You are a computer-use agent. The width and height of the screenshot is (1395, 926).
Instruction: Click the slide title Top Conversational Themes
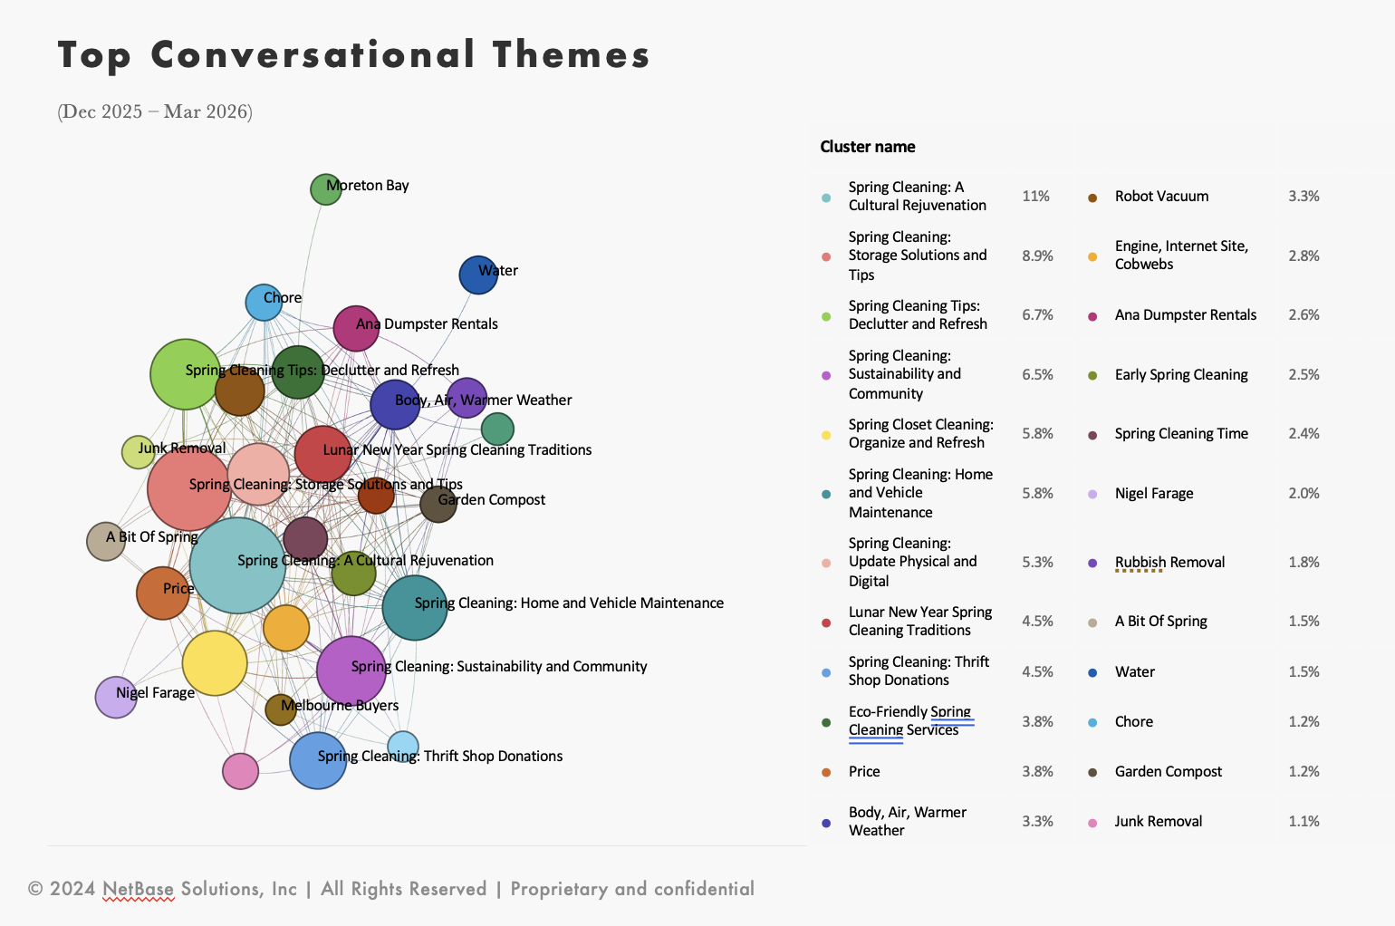(x=353, y=55)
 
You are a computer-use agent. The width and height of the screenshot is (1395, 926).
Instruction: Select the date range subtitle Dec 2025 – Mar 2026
(x=155, y=111)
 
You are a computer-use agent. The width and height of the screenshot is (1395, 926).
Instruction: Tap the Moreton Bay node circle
(x=325, y=189)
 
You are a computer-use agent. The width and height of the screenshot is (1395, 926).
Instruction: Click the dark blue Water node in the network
(x=477, y=275)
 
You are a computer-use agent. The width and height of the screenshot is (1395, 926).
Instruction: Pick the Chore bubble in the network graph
(x=264, y=303)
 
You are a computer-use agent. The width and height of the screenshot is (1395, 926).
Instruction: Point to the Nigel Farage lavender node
(x=116, y=697)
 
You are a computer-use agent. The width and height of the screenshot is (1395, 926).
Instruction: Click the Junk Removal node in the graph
(x=138, y=451)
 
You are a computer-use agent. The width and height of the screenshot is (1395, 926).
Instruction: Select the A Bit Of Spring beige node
(x=105, y=541)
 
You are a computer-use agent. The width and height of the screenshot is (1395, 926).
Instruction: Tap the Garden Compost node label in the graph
(x=492, y=499)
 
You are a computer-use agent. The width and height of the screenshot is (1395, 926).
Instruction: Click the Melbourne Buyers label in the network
(x=340, y=705)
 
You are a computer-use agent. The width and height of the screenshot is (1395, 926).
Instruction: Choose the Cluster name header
(x=867, y=147)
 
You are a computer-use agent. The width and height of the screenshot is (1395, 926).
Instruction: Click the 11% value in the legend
(x=1035, y=196)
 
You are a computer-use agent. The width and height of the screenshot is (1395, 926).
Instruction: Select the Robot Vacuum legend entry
(x=1161, y=196)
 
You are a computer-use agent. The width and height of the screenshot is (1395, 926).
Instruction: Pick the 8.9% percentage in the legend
(x=1037, y=256)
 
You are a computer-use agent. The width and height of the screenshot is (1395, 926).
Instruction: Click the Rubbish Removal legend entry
(x=1169, y=562)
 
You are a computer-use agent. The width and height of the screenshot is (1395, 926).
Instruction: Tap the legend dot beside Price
(x=826, y=773)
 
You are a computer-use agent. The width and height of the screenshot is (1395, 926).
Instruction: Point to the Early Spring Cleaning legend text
(x=1181, y=374)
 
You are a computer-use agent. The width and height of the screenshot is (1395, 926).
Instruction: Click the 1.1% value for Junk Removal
(x=1304, y=821)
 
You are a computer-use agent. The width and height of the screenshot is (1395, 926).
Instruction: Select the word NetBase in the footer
(x=139, y=889)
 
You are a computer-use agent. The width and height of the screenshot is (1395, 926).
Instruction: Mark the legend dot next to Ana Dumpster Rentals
(x=1092, y=316)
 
